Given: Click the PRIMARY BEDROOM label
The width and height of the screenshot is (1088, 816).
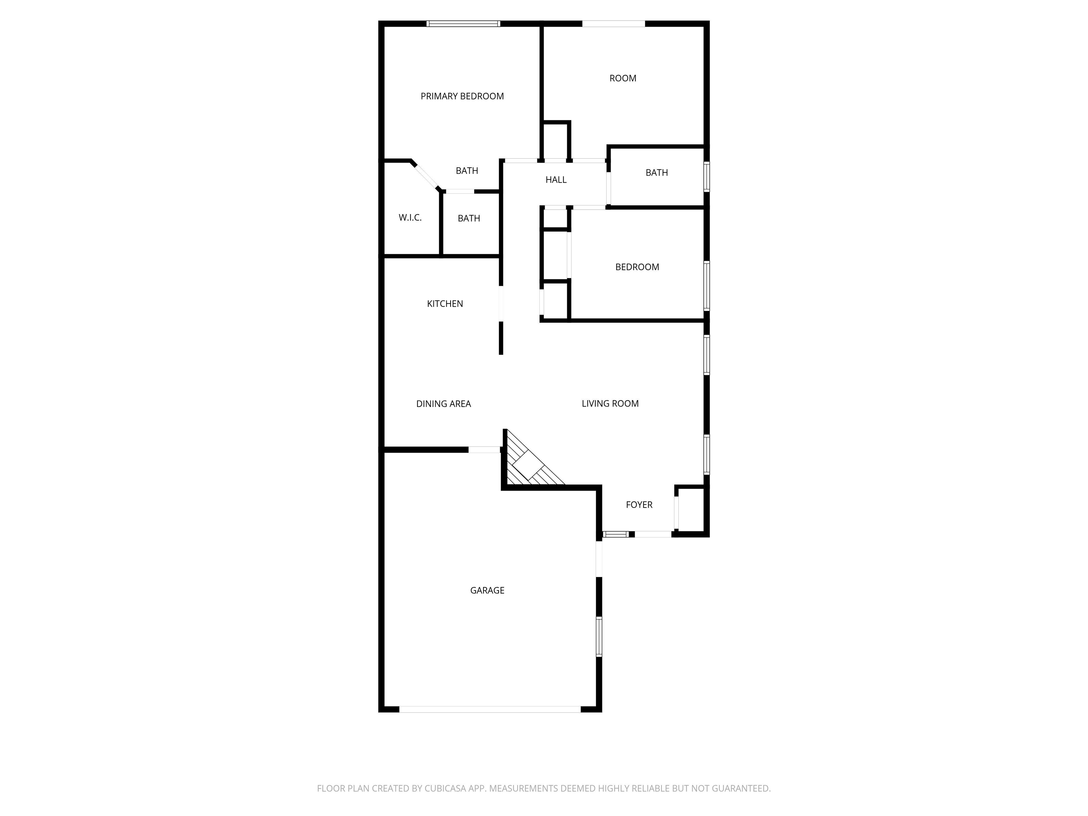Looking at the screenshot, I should tap(462, 96).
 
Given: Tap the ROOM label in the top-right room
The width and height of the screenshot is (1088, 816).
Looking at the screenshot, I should tap(623, 78).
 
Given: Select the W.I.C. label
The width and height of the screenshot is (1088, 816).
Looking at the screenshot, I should tap(410, 217).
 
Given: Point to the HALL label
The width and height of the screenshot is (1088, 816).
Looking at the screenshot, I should tap(556, 180).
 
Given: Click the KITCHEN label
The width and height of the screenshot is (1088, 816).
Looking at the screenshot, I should tap(444, 304).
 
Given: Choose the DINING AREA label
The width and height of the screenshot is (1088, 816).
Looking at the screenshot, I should tap(443, 404).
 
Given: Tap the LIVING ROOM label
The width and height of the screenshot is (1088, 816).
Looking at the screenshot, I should tap(610, 404).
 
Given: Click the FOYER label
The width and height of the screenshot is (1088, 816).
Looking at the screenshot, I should tap(639, 505).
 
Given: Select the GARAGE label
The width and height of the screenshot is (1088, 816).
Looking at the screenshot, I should tap(487, 590).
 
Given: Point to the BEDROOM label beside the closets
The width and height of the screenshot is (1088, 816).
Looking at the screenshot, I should tap(637, 267).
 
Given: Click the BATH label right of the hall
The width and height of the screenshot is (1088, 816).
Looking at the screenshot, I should tap(657, 172).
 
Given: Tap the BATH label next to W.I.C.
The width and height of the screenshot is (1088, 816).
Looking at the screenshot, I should tap(469, 219).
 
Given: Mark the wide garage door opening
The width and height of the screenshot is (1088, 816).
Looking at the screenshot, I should tap(489, 709).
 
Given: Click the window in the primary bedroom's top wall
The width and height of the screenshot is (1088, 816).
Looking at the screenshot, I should tap(463, 24).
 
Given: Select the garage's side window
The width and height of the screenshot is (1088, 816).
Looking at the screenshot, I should tap(599, 636).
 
